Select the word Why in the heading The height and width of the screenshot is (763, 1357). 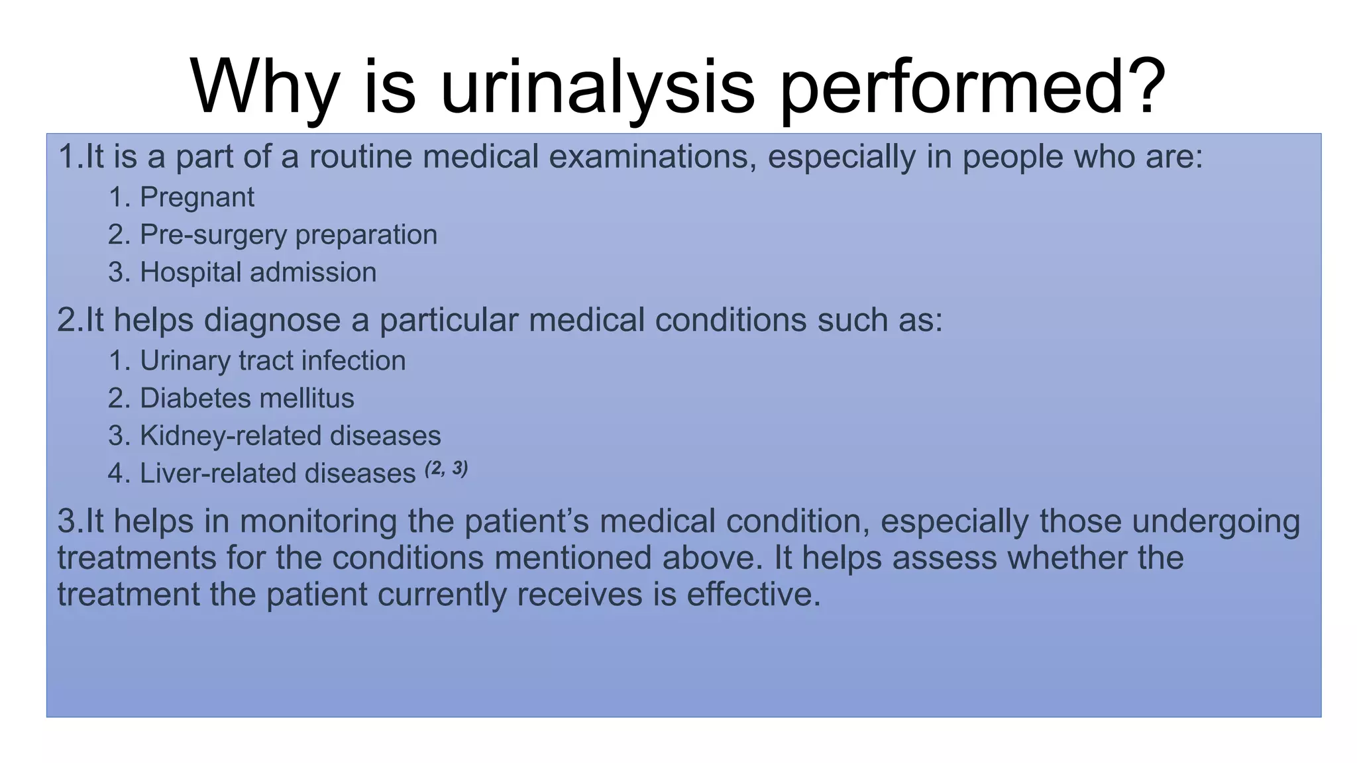coord(264,87)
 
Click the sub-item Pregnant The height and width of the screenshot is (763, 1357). coord(197,197)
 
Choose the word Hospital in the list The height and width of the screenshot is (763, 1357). coord(190,272)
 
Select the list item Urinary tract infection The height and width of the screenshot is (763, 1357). coord(272,361)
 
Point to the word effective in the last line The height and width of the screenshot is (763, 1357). coord(753,594)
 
